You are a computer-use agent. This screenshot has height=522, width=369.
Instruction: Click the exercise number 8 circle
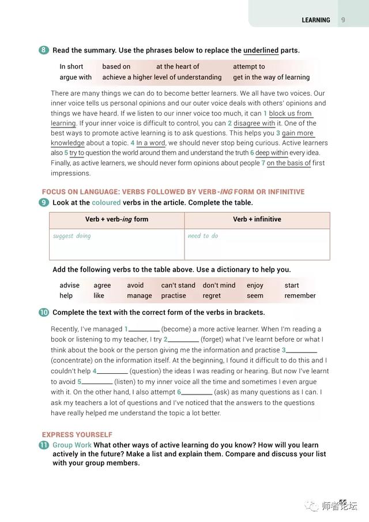(44, 50)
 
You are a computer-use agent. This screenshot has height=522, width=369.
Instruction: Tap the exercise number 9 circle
(44, 202)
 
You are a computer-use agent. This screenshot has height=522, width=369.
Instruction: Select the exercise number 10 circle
(44, 312)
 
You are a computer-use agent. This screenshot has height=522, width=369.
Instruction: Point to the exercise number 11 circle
(44, 445)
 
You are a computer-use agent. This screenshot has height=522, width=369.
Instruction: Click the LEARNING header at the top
(316, 20)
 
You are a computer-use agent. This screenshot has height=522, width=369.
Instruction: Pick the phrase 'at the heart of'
(178, 66)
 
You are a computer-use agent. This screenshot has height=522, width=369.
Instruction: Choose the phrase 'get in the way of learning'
(271, 77)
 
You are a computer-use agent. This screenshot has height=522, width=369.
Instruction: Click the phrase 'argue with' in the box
(76, 77)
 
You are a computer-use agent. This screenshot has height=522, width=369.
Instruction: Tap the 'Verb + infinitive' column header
(257, 219)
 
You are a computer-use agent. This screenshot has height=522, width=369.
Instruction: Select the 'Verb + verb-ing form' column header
(116, 219)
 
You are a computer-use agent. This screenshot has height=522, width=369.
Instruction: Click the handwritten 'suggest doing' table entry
(71, 236)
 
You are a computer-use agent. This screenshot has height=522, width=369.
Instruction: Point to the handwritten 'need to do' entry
(203, 236)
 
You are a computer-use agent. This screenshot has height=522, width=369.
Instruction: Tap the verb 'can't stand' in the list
(178, 285)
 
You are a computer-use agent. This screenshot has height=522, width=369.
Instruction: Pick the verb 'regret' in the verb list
(212, 295)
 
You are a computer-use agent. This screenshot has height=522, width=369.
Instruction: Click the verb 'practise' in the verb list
(174, 295)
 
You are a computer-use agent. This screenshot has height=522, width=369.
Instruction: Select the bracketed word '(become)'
(180, 329)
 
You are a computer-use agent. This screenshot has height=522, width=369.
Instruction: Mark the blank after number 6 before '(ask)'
(198, 392)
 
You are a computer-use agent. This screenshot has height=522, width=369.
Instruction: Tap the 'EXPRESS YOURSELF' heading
(77, 434)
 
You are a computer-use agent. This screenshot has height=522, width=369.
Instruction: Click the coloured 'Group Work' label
(71, 445)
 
